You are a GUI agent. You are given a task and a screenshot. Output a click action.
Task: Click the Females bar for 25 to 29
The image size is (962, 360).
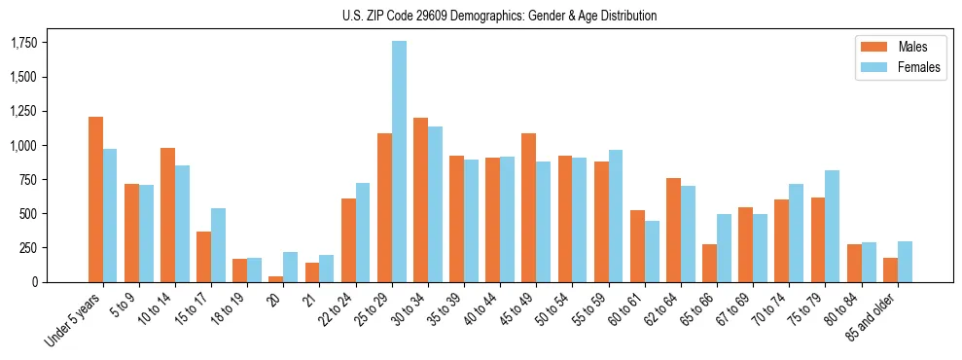click(399, 162)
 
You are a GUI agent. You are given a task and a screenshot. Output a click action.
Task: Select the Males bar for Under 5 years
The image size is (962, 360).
click(95, 199)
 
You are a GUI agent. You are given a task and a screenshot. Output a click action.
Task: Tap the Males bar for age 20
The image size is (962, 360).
click(276, 279)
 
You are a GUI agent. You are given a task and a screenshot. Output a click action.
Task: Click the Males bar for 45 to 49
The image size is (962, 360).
click(529, 207)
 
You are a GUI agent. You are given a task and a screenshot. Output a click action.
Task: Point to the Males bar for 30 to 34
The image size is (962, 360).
click(420, 199)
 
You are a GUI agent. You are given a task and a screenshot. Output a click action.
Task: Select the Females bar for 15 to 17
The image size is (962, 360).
click(218, 245)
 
